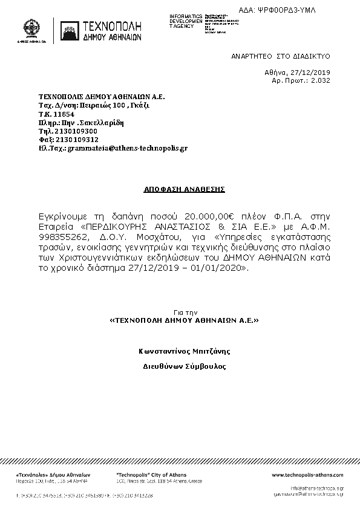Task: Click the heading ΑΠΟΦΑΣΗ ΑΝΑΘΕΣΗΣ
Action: click(x=184, y=189)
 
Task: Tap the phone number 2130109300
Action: click(x=76, y=130)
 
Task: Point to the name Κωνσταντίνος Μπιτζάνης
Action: click(x=184, y=351)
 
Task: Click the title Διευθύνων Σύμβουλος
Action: click(x=184, y=366)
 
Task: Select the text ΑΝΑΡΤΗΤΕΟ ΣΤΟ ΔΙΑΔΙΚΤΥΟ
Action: click(x=280, y=55)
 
